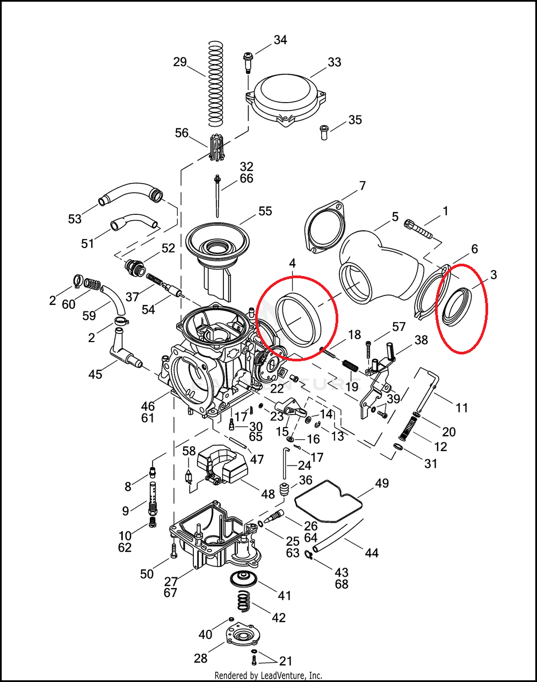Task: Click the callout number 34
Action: [x=280, y=40]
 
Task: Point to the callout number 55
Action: [x=265, y=211]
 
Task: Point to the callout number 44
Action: [x=372, y=553]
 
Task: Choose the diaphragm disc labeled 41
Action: [x=243, y=579]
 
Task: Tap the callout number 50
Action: [x=147, y=574]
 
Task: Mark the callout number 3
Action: [x=493, y=274]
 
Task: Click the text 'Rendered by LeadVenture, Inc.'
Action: [x=268, y=675]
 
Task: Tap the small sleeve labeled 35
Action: [x=324, y=132]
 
